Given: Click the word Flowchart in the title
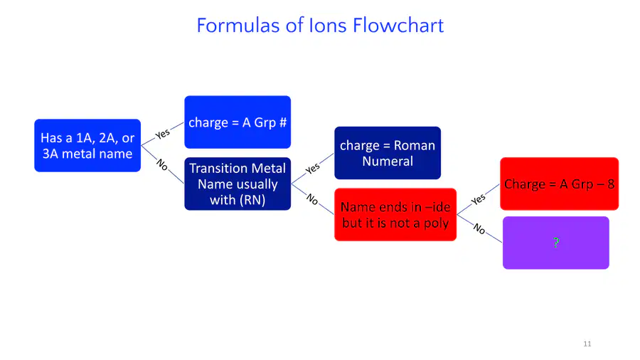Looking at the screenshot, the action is [398, 26].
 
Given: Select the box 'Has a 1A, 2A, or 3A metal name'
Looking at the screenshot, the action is [87, 145].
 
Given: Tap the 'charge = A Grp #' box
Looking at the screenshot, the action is [238, 122].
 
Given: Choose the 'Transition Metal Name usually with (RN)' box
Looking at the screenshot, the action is [238, 184].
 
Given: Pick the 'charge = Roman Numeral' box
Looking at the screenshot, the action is [388, 153].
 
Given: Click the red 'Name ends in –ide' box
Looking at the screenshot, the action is [395, 215].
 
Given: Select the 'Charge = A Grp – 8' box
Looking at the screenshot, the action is [559, 184].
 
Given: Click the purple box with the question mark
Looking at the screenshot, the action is [556, 243].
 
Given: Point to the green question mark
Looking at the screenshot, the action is [556, 243].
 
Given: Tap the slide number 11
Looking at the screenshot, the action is [587, 344].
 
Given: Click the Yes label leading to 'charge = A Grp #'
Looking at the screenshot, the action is [162, 134].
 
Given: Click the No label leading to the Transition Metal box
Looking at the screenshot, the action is [162, 164].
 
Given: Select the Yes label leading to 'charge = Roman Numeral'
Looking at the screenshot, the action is [313, 168].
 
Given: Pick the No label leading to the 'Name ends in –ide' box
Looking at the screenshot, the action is [312, 198].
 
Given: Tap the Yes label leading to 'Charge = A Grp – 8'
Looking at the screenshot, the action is [478, 199].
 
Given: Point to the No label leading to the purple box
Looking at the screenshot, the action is [479, 229].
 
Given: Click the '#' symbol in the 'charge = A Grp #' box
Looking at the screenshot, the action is [282, 122].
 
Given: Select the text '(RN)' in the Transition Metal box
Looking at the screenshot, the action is [252, 200].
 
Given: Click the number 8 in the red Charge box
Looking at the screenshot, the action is [611, 184].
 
